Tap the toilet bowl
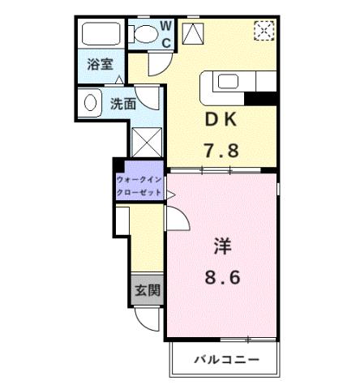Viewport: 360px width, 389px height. [147, 33]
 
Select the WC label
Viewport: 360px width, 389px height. [165, 33]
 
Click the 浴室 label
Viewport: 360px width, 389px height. [99, 65]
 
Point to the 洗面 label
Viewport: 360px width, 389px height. [123, 103]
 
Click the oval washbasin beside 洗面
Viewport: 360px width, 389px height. [88, 102]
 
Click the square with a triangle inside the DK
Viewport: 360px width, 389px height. [195, 34]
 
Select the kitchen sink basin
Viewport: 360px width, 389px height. [226, 81]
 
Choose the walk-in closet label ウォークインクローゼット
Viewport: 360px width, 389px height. [139, 186]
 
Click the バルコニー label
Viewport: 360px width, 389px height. [225, 358]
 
